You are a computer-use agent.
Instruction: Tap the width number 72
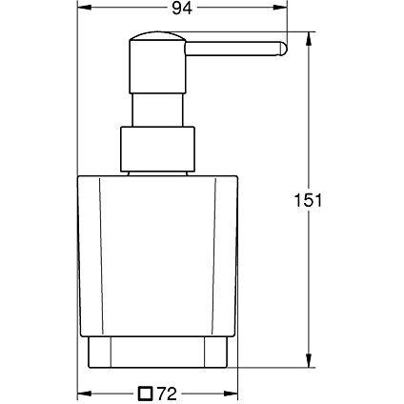pyautogui.click(x=169, y=391)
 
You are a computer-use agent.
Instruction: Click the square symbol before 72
pyautogui.click(x=146, y=391)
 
